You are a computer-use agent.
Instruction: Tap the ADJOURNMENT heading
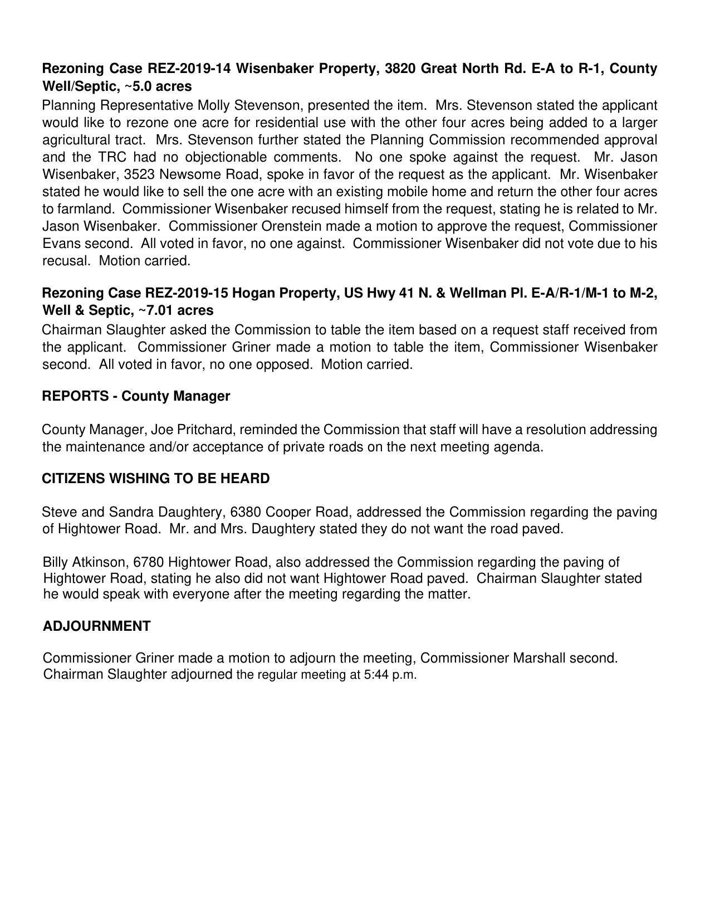click(x=96, y=626)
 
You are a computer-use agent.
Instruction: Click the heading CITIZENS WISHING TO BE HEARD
click(x=156, y=479)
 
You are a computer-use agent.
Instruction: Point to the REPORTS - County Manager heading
click(x=136, y=396)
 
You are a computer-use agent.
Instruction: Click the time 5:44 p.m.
click(x=390, y=675)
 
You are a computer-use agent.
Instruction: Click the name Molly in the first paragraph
click(x=215, y=105)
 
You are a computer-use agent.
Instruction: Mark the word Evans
click(x=61, y=244)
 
